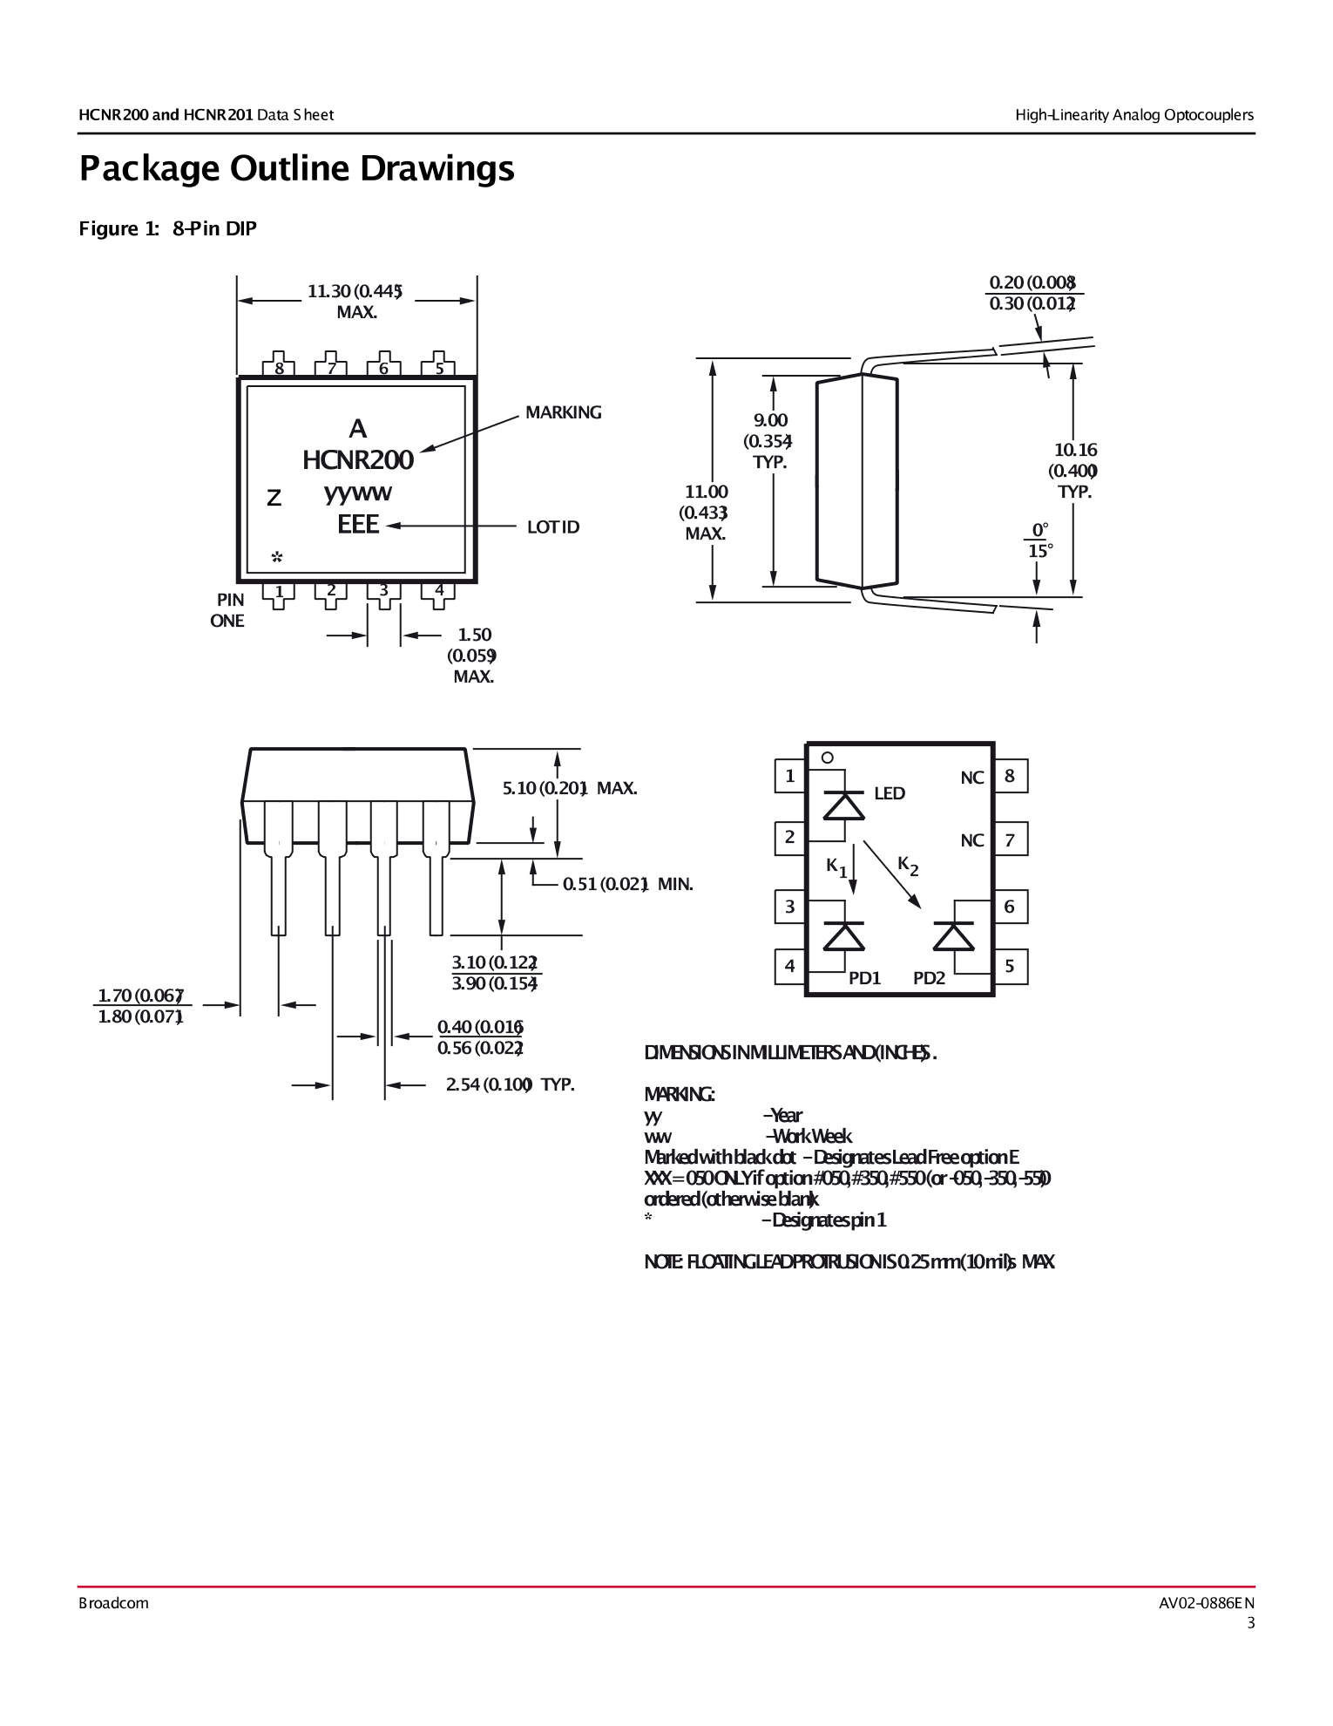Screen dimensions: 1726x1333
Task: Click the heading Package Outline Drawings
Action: click(296, 168)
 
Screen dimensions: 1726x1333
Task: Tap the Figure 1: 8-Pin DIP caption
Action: click(167, 228)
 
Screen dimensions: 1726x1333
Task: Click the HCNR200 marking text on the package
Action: click(357, 460)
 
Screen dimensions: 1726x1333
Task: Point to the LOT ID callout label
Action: click(552, 527)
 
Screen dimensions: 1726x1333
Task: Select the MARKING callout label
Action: click(563, 412)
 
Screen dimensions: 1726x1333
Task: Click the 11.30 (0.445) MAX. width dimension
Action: click(355, 301)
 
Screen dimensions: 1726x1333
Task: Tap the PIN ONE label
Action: click(228, 610)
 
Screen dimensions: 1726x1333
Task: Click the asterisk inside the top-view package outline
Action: click(276, 557)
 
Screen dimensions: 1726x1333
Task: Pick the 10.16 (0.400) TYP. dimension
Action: click(1075, 471)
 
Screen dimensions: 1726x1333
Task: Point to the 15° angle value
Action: click(1040, 551)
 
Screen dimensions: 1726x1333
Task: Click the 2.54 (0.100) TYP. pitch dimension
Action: click(510, 1084)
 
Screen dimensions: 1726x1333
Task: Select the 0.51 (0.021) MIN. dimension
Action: click(627, 884)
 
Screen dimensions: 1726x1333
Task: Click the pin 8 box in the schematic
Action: click(1010, 776)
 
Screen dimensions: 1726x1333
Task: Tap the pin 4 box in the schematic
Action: click(789, 966)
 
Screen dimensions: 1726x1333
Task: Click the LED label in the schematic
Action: click(889, 793)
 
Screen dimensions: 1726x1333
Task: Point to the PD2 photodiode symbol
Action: click(953, 935)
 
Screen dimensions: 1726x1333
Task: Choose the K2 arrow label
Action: click(908, 866)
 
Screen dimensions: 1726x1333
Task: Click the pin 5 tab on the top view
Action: click(438, 365)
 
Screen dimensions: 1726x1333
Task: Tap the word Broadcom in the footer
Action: click(113, 1603)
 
